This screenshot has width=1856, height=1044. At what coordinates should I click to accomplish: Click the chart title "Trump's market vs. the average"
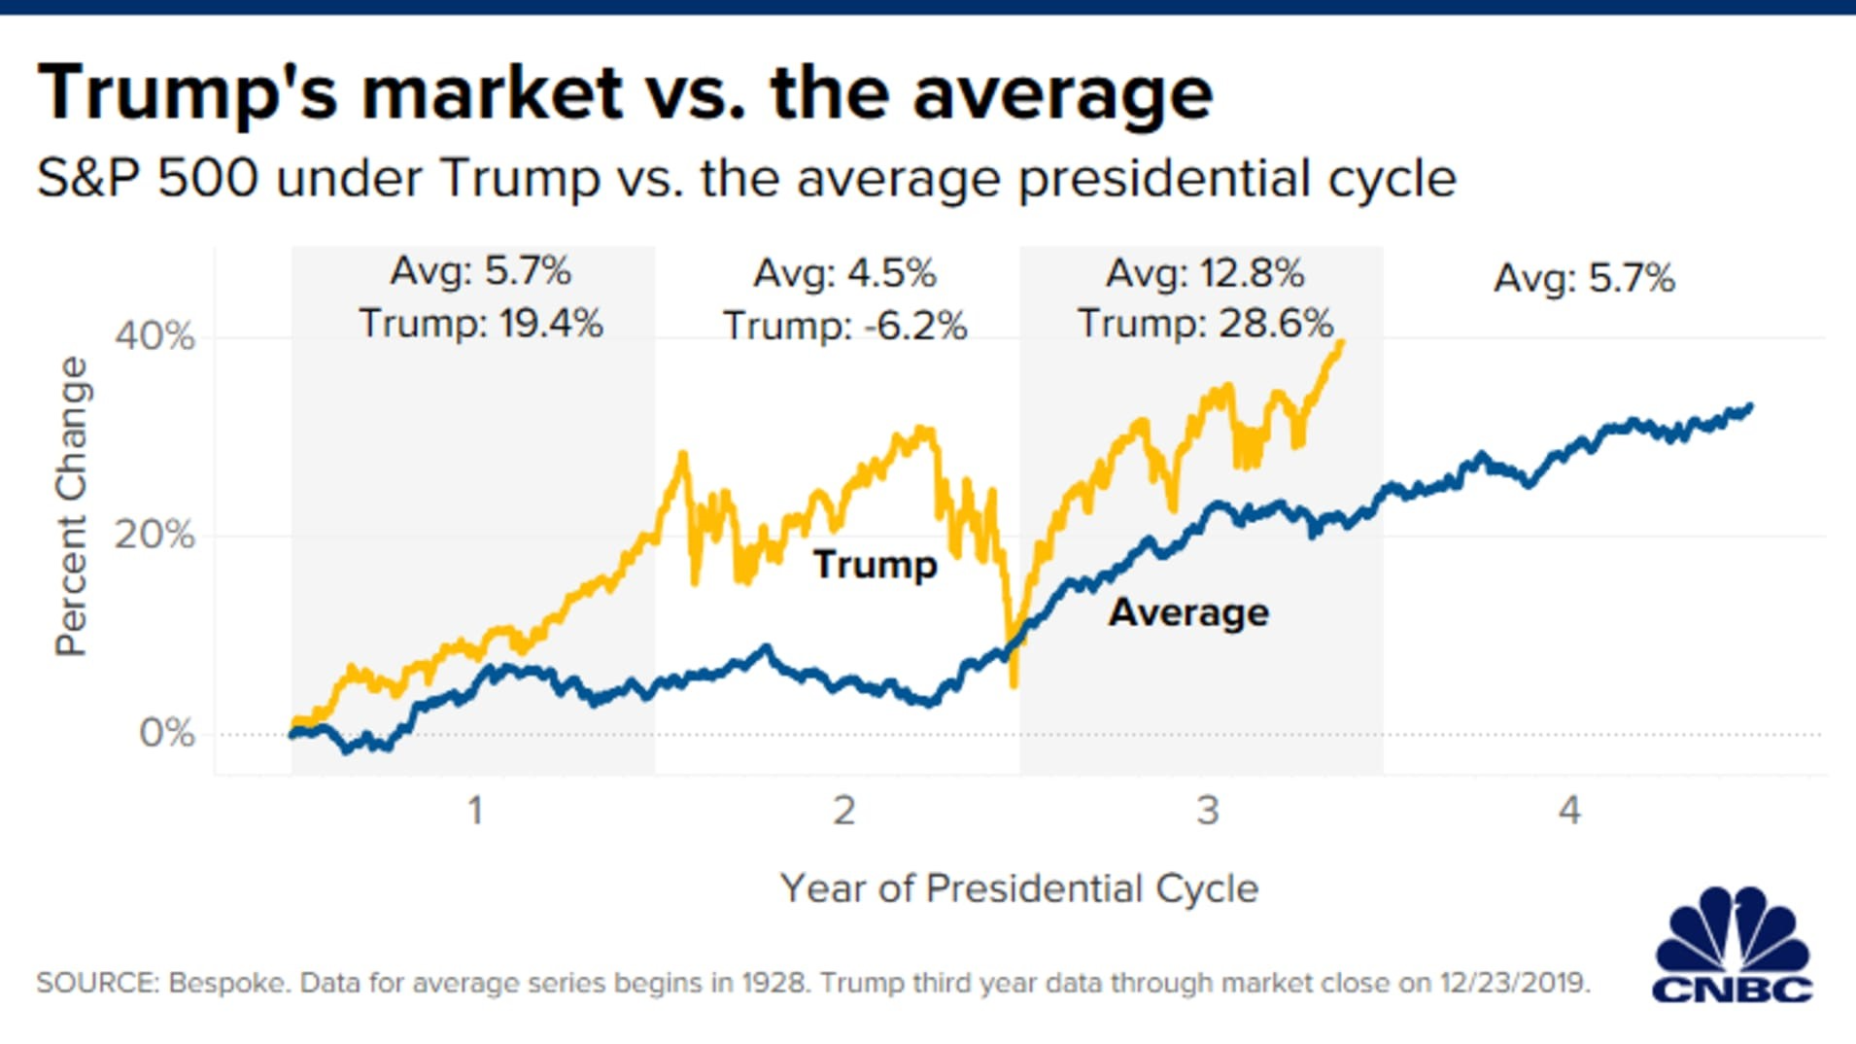coord(625,93)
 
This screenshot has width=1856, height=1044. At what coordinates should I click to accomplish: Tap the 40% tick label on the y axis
coord(155,336)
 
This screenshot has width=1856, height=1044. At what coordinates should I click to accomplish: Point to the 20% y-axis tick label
coord(155,535)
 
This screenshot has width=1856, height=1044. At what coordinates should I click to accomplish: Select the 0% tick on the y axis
coord(166,733)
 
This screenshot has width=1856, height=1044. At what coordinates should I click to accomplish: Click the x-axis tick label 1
coord(475,810)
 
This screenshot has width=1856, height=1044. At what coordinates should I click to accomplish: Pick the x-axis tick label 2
coord(843,810)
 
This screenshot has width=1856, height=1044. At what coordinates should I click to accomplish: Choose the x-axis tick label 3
coord(1207,810)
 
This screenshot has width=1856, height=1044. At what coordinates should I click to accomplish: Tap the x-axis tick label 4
coord(1569,810)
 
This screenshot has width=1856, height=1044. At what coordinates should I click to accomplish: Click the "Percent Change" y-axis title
coord(72,506)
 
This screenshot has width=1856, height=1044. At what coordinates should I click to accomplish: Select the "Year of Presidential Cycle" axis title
coord(1018,888)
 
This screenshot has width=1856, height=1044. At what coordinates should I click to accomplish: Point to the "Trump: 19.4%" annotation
coord(481,324)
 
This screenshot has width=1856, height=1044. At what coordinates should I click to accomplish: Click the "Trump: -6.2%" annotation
coord(844,326)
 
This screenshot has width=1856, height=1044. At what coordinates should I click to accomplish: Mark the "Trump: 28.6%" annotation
coord(1205,324)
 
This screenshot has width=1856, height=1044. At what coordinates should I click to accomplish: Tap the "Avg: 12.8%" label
coord(1205,273)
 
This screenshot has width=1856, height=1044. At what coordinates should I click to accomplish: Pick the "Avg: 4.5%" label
coord(844,273)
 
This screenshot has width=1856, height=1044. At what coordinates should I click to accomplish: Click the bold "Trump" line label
coord(875,565)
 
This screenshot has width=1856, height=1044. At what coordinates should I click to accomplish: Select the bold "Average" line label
coord(1188,612)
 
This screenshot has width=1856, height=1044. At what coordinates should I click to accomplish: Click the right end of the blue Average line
coord(1750,407)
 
